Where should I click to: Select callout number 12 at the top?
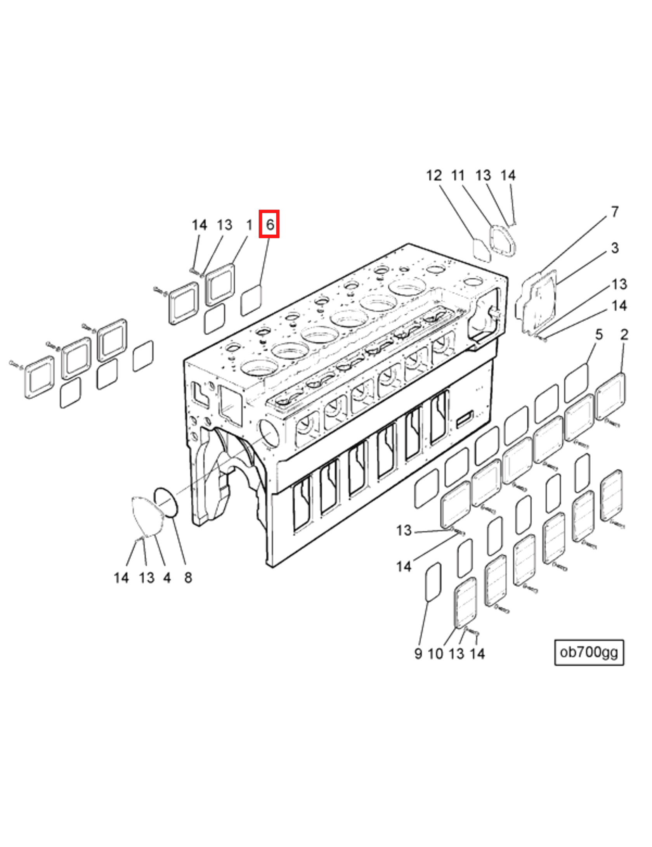[434, 176]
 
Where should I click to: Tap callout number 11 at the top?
[458, 176]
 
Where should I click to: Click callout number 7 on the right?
[615, 212]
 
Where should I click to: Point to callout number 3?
[615, 248]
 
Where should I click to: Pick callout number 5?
[599, 334]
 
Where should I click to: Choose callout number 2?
[624, 334]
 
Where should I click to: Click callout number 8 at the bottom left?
[188, 578]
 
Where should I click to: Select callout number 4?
[167, 578]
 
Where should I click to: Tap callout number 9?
[418, 653]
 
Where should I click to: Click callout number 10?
[435, 653]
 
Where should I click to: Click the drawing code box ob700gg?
[589, 652]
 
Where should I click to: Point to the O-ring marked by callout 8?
[166, 503]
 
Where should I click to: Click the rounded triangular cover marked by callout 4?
[147, 517]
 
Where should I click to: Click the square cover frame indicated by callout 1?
[220, 285]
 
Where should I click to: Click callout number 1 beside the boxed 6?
[249, 225]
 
